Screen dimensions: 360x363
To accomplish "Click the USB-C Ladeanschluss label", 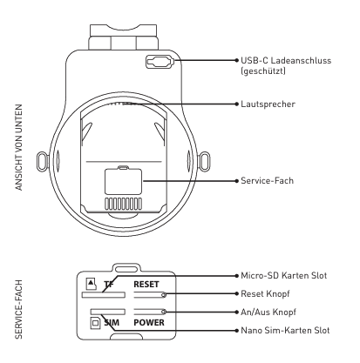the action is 286,60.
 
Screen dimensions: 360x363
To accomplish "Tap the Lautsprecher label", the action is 268,104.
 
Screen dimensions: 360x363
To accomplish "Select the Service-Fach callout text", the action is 267,181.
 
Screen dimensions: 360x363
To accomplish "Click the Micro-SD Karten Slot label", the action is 284,275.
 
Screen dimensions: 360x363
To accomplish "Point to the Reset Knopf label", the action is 265,293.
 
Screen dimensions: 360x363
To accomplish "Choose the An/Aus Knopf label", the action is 268,312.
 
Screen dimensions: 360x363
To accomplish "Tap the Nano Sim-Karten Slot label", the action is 285,330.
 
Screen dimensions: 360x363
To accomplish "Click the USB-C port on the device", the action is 160,62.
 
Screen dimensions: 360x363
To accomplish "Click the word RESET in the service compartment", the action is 146,285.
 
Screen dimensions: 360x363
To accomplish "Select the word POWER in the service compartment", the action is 149,322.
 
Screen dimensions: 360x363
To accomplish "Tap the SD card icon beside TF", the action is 92,284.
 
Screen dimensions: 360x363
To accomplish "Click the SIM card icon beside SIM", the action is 95,323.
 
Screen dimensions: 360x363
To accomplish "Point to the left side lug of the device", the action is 43,161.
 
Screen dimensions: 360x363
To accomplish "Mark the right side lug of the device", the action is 204,161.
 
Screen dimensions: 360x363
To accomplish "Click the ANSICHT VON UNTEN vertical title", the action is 19,147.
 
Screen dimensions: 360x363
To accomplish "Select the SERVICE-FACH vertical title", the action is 19,309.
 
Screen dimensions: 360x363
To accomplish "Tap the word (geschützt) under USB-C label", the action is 263,71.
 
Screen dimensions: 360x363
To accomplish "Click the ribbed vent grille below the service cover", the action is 124,204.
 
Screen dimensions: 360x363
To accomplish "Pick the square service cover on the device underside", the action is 123,181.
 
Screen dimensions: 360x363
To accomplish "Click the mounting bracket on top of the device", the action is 123,37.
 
